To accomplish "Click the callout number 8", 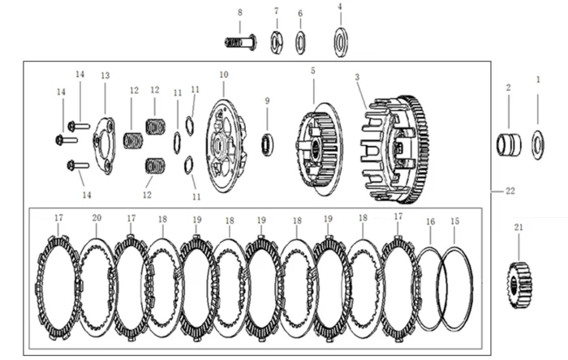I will (x=239, y=12).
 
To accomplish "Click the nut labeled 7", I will (x=277, y=41).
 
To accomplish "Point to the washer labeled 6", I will (x=300, y=41).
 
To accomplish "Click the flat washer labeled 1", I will (x=537, y=144).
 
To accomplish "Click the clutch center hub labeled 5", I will (x=318, y=148).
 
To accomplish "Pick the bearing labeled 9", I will (x=267, y=146).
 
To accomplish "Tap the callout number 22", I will (x=510, y=191).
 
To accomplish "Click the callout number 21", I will (x=519, y=228).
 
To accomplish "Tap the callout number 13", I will (x=105, y=75).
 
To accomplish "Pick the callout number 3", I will (x=356, y=76).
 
